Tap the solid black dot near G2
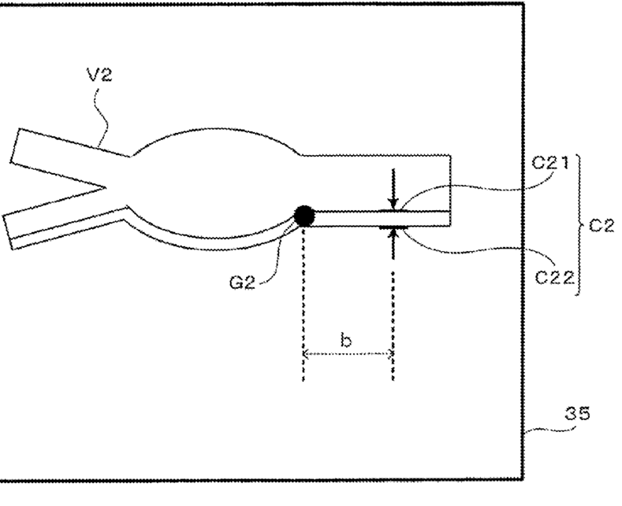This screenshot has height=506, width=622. point(304,214)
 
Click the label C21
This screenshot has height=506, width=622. point(547,166)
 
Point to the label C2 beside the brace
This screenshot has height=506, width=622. point(603,226)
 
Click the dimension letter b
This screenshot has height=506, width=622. point(346,341)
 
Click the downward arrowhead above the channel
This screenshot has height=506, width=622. point(393,202)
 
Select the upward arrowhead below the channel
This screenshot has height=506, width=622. point(393,232)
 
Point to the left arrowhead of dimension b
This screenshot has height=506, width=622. point(307,355)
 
